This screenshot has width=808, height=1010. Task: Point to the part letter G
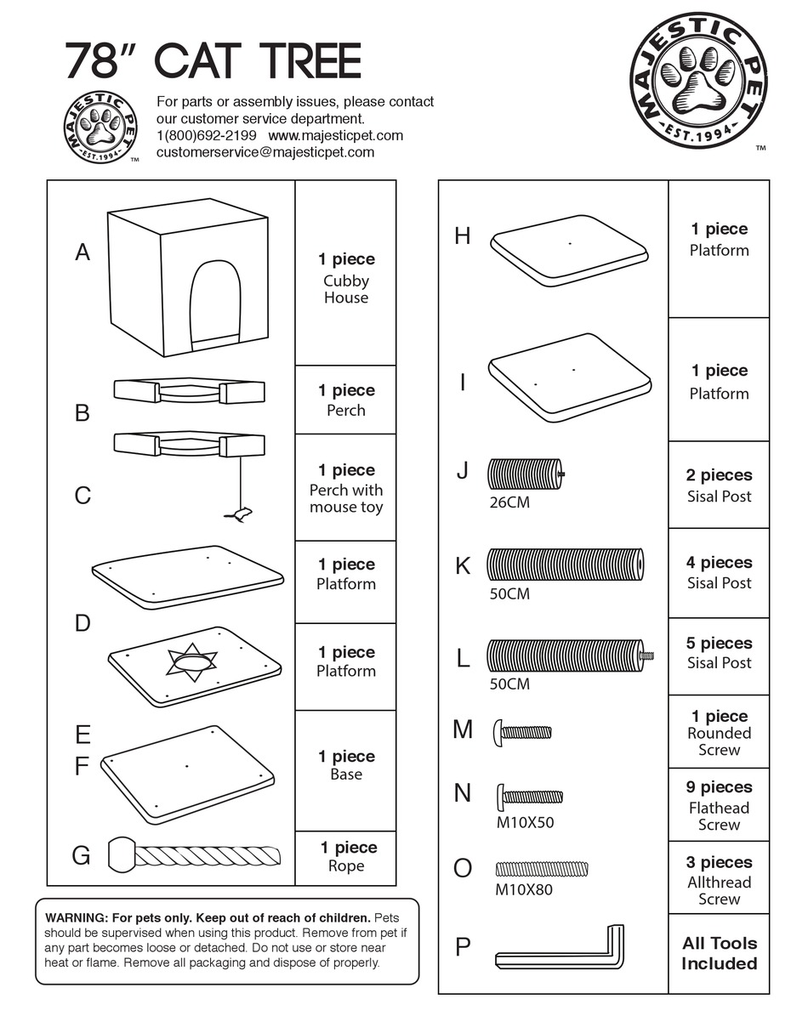[x=81, y=855]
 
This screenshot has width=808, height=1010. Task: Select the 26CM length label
[x=509, y=502]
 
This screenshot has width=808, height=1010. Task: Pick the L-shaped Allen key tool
[x=561, y=952]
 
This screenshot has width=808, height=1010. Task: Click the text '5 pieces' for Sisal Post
[x=719, y=644]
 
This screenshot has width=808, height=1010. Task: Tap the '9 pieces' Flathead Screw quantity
[x=719, y=787]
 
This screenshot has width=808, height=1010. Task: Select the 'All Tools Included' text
[x=719, y=953]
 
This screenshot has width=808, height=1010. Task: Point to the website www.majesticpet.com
[x=335, y=135]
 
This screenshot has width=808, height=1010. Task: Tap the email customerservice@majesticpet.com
[x=265, y=152]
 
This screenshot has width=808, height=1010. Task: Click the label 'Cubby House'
[x=346, y=289]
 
